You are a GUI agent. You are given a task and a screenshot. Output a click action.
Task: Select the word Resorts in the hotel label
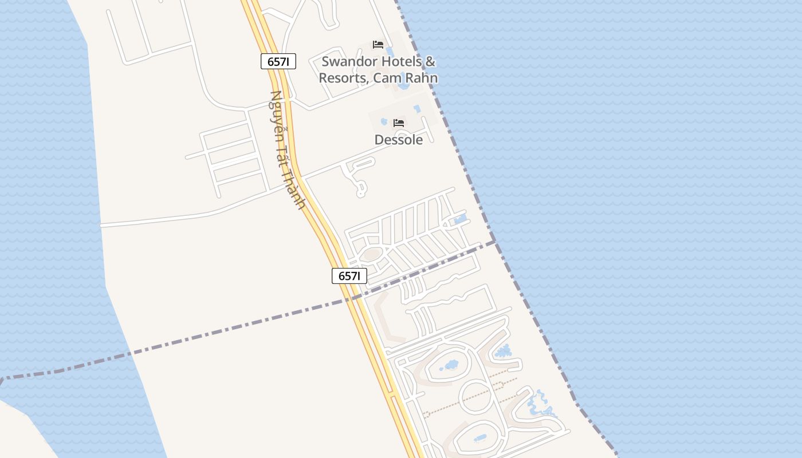click(343, 78)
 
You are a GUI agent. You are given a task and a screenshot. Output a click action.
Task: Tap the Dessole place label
click(399, 140)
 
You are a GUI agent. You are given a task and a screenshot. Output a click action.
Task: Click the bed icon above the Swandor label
click(378, 45)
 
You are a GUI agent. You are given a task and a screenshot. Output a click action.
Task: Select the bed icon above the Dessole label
click(399, 123)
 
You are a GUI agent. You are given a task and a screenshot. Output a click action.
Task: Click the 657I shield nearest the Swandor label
click(278, 61)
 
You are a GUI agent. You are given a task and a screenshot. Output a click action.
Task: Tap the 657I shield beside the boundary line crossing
click(349, 276)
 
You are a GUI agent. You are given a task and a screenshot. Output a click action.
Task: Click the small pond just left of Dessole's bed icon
click(384, 121)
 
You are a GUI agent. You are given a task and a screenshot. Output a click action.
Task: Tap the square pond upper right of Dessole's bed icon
click(417, 108)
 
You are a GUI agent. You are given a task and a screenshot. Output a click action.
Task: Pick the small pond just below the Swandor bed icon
click(390, 52)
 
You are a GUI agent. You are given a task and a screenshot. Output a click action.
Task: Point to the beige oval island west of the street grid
click(372, 254)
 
